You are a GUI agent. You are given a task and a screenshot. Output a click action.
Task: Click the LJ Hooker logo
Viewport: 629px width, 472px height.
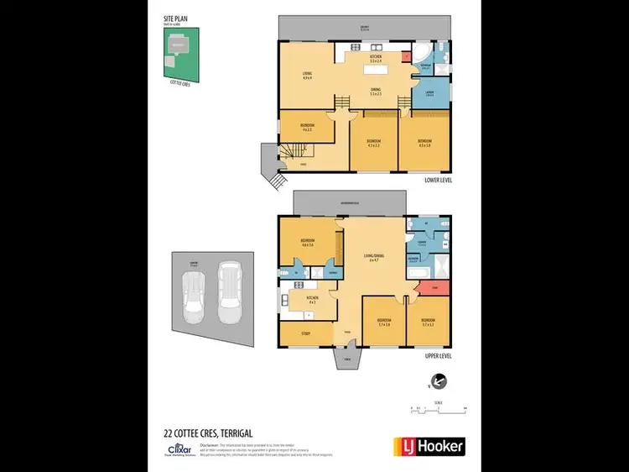(x=429, y=446)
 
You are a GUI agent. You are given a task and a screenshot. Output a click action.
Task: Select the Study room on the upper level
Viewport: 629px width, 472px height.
(x=305, y=333)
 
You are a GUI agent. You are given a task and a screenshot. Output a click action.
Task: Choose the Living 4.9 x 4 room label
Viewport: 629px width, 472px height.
(x=307, y=76)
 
